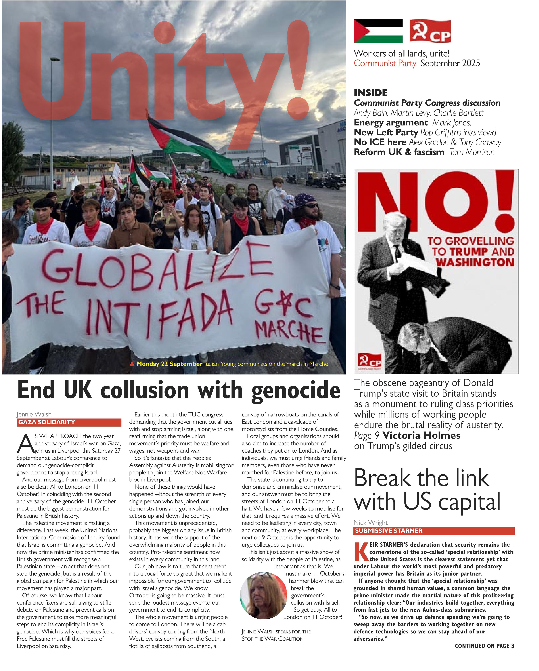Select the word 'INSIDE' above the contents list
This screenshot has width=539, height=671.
pos(370,93)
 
